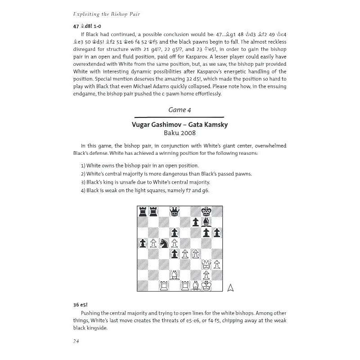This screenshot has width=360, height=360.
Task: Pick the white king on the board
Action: [207, 285]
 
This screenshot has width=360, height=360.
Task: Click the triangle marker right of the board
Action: [230, 288]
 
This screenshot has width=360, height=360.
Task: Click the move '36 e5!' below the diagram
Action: [81, 305]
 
